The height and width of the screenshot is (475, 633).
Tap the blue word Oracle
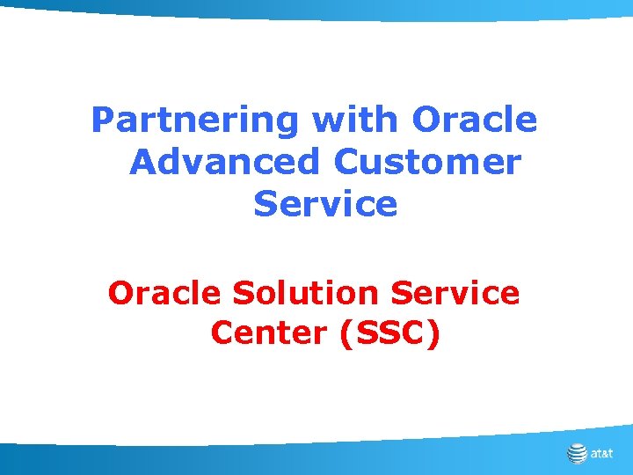pos(475,121)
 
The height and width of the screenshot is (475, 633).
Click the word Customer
pos(427,162)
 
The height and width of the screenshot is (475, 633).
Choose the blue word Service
pos(325,204)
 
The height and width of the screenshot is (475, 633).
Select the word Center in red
pos(263,333)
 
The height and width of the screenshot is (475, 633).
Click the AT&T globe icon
pos(577,454)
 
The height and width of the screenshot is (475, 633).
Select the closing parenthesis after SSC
pos(432,334)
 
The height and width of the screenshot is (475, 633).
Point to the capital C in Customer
pos(346,162)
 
